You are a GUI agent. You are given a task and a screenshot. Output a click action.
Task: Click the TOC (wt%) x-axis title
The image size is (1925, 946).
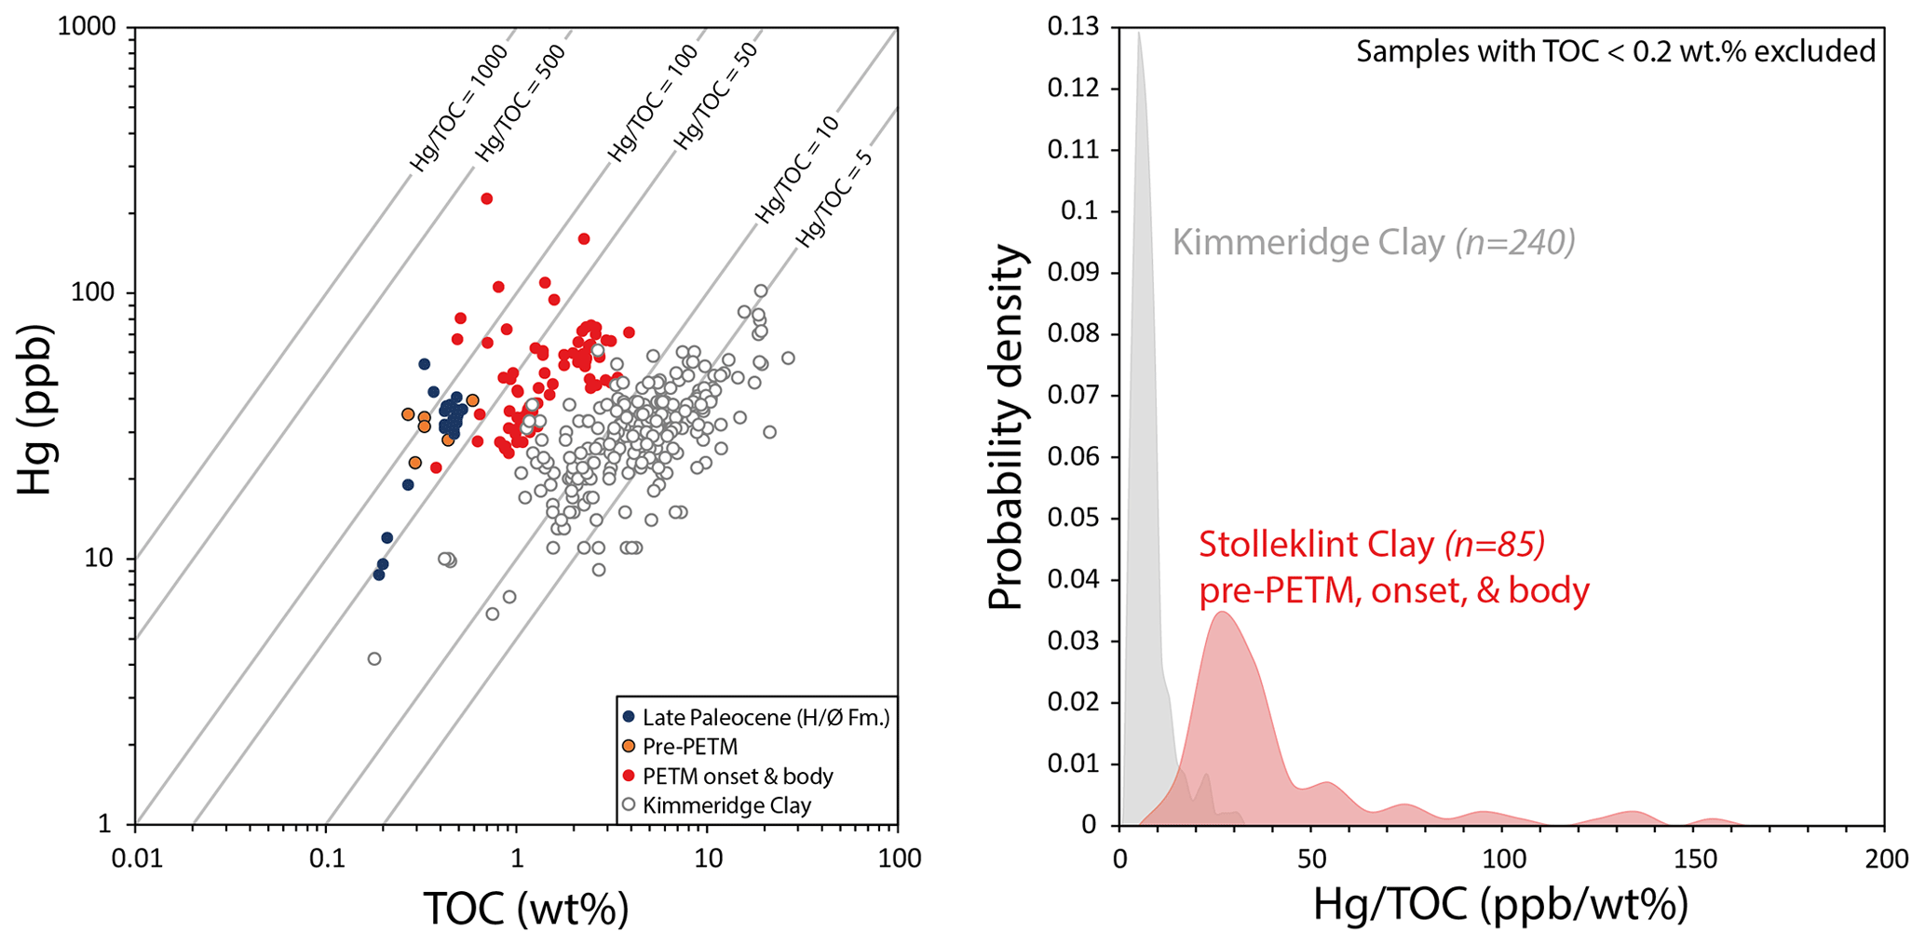click(526, 909)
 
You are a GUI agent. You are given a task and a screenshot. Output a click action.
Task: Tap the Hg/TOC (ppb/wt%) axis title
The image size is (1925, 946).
click(1500, 904)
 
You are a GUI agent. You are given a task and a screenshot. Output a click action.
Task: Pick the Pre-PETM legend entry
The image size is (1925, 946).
click(690, 747)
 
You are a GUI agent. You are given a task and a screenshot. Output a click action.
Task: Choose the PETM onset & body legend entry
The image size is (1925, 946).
click(738, 777)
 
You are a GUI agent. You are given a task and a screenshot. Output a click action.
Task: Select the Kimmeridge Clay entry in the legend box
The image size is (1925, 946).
click(726, 805)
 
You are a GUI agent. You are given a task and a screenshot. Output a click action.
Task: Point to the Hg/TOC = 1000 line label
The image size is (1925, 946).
click(459, 108)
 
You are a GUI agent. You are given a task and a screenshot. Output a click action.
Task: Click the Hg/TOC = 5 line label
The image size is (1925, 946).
click(834, 198)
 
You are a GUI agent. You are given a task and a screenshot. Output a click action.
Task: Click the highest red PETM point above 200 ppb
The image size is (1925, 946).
click(486, 199)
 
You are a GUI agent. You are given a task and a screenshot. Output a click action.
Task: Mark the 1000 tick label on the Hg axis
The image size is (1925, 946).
click(87, 27)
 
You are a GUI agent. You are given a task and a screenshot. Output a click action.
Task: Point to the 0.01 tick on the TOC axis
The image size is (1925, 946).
click(136, 858)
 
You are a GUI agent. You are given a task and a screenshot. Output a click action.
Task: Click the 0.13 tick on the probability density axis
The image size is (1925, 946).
click(1073, 27)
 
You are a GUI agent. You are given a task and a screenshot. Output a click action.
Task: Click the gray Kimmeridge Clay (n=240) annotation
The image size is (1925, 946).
click(1374, 243)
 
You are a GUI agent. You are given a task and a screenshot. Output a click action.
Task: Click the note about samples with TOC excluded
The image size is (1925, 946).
click(1615, 51)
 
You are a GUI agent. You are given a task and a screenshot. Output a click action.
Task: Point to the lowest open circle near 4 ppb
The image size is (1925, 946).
click(374, 659)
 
